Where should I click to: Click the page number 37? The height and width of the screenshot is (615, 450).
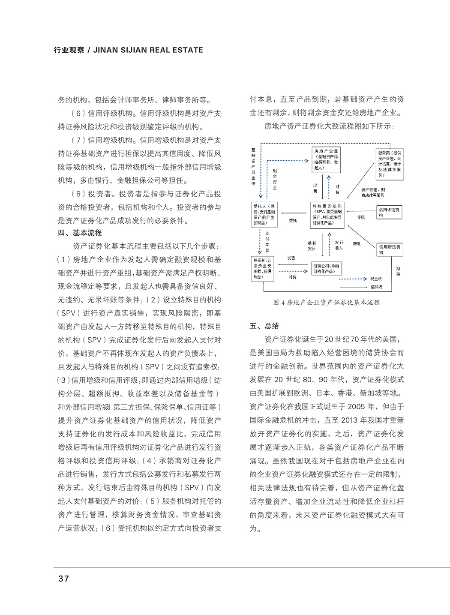pyautogui.click(x=63, y=579)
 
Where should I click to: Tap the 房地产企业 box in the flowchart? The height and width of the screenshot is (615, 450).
pyautogui.click(x=326, y=159)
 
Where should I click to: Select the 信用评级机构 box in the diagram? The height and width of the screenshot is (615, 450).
pyautogui.click(x=389, y=212)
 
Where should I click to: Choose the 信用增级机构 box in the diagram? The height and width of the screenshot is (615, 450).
pyautogui.click(x=390, y=249)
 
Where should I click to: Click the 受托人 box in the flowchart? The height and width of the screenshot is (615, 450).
pyautogui.click(x=264, y=214)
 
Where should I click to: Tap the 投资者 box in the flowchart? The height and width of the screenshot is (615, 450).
pyautogui.click(x=263, y=269)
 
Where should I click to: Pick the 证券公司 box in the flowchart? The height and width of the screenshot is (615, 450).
pyautogui.click(x=327, y=268)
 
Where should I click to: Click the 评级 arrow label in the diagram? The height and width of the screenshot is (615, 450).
pyautogui.click(x=361, y=217)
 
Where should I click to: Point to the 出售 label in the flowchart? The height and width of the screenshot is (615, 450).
pyautogui.click(x=315, y=188)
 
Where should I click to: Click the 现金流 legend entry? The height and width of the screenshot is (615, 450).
pyautogui.click(x=376, y=279)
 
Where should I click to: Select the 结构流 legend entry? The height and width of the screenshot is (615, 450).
pyautogui.click(x=376, y=287)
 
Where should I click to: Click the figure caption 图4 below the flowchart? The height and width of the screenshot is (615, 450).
pyautogui.click(x=327, y=302)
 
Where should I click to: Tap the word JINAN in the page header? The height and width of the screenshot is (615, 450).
pyautogui.click(x=106, y=50)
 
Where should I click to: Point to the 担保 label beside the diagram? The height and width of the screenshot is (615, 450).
pyautogui.click(x=398, y=271)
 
